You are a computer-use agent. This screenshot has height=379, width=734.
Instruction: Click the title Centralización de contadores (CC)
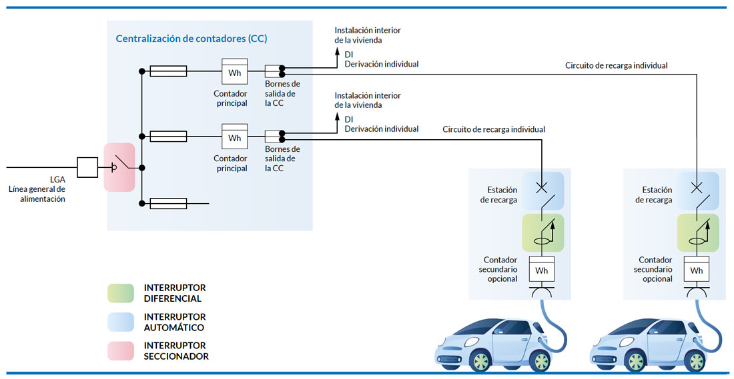click(192, 39)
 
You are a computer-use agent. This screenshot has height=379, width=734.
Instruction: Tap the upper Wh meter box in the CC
click(235, 72)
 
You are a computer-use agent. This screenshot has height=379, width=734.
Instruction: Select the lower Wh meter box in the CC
click(235, 137)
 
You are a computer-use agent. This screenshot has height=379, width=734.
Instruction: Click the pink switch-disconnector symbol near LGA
click(119, 167)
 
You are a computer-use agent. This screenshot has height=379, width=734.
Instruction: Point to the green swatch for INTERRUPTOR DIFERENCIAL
click(121, 293)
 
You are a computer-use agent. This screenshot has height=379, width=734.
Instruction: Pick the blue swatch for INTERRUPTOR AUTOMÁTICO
click(121, 322)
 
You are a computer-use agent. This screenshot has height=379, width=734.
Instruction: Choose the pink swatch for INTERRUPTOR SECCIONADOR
click(121, 351)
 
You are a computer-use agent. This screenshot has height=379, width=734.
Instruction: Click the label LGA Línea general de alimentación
click(37, 189)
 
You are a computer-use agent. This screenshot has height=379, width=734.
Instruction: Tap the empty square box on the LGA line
click(87, 167)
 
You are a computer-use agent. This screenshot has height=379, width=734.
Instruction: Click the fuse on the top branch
click(168, 71)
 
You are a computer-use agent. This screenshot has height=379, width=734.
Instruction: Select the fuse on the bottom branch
click(168, 203)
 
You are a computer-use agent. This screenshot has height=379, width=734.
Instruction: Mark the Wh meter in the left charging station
click(542, 270)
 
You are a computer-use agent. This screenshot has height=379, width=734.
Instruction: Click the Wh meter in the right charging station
click(697, 270)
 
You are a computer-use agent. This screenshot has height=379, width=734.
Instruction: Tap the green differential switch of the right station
click(697, 232)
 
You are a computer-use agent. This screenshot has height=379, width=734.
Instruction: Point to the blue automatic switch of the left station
click(542, 191)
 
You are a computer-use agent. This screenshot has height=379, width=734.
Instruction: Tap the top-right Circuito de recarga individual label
click(616, 65)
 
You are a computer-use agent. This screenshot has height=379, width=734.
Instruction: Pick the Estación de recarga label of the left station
click(497, 195)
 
